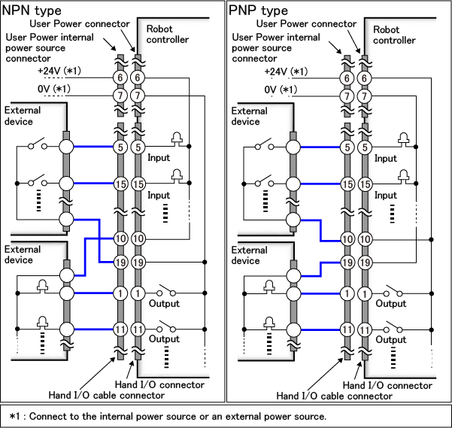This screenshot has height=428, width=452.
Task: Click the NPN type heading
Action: (32, 11)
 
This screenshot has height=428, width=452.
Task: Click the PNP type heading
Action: (258, 11)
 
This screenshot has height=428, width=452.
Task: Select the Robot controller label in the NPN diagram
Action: (167, 34)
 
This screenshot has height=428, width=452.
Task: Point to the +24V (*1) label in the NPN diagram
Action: (59, 71)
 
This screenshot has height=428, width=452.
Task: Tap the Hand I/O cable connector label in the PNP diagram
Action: (334, 396)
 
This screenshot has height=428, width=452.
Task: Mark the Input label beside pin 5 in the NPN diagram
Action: (159, 158)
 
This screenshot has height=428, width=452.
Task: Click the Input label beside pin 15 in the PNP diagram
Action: (386, 195)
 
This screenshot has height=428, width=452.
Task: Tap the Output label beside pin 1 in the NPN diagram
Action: (164, 304)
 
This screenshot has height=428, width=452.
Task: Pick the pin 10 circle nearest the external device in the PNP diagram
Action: (347, 238)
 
